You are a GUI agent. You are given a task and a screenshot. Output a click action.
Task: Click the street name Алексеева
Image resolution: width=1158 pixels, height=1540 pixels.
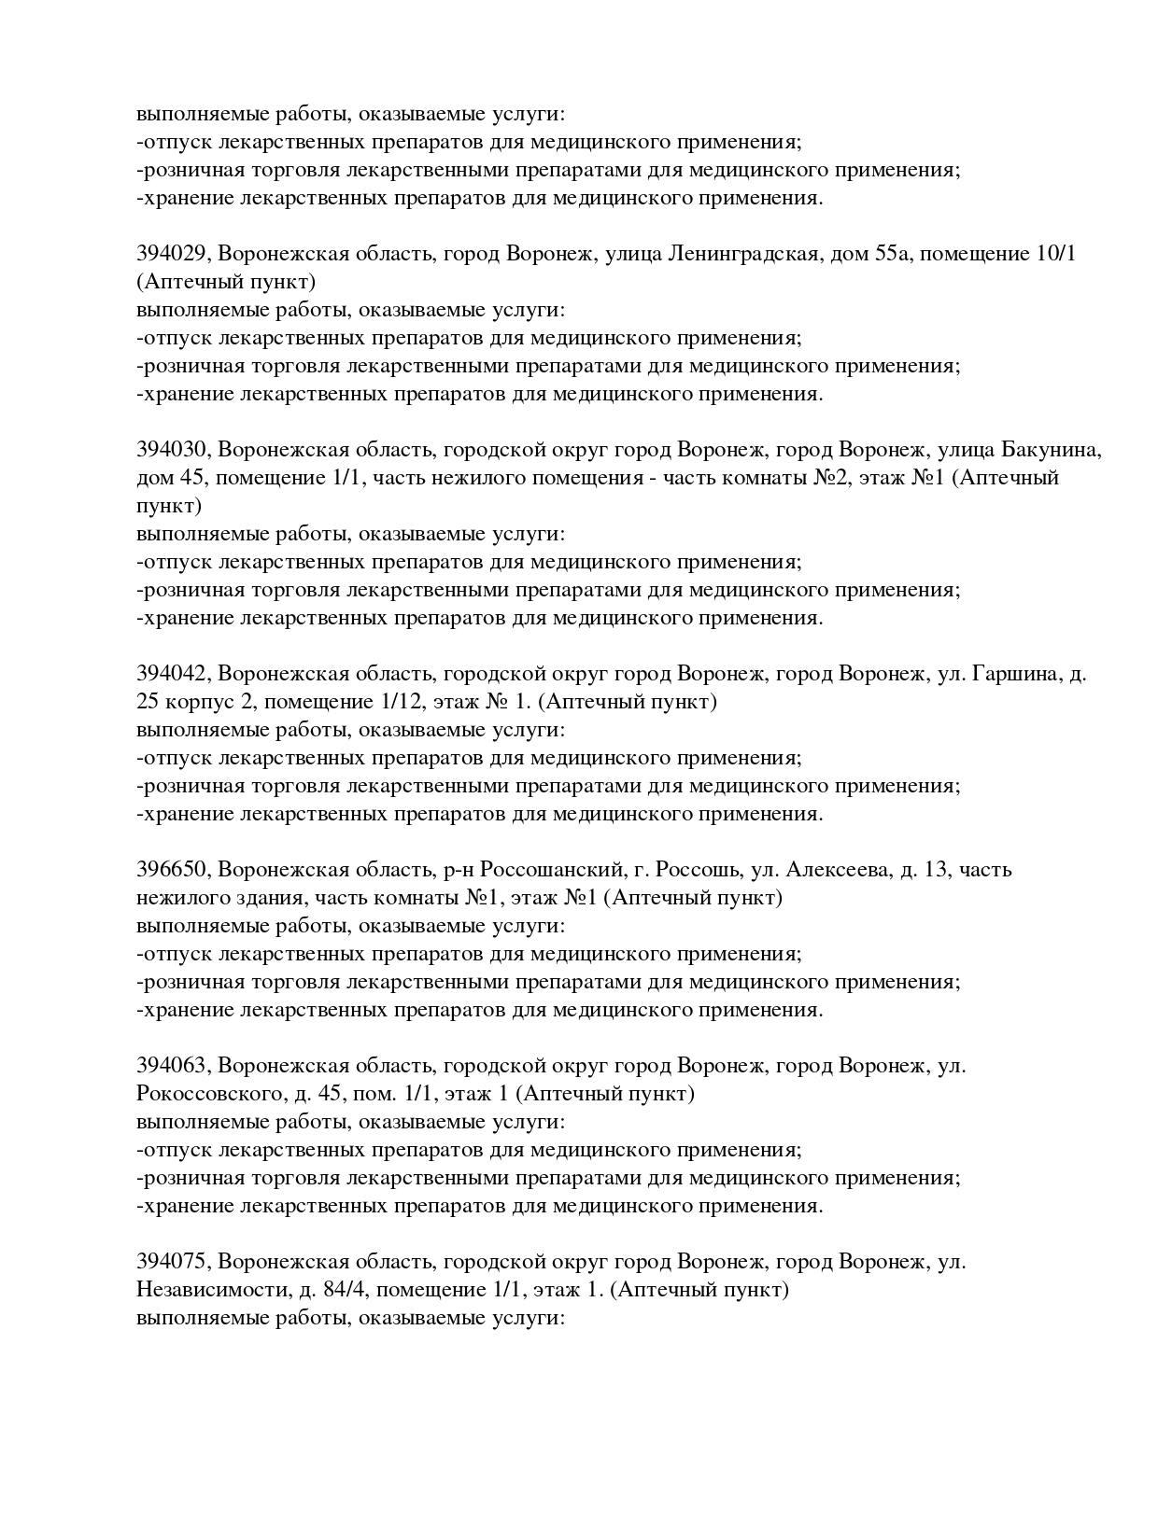pos(839,870)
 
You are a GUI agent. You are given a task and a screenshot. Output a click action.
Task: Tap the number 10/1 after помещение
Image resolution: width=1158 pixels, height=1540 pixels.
pos(1055,254)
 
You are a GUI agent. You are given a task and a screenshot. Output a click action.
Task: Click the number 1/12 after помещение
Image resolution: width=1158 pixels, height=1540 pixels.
pos(381,702)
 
